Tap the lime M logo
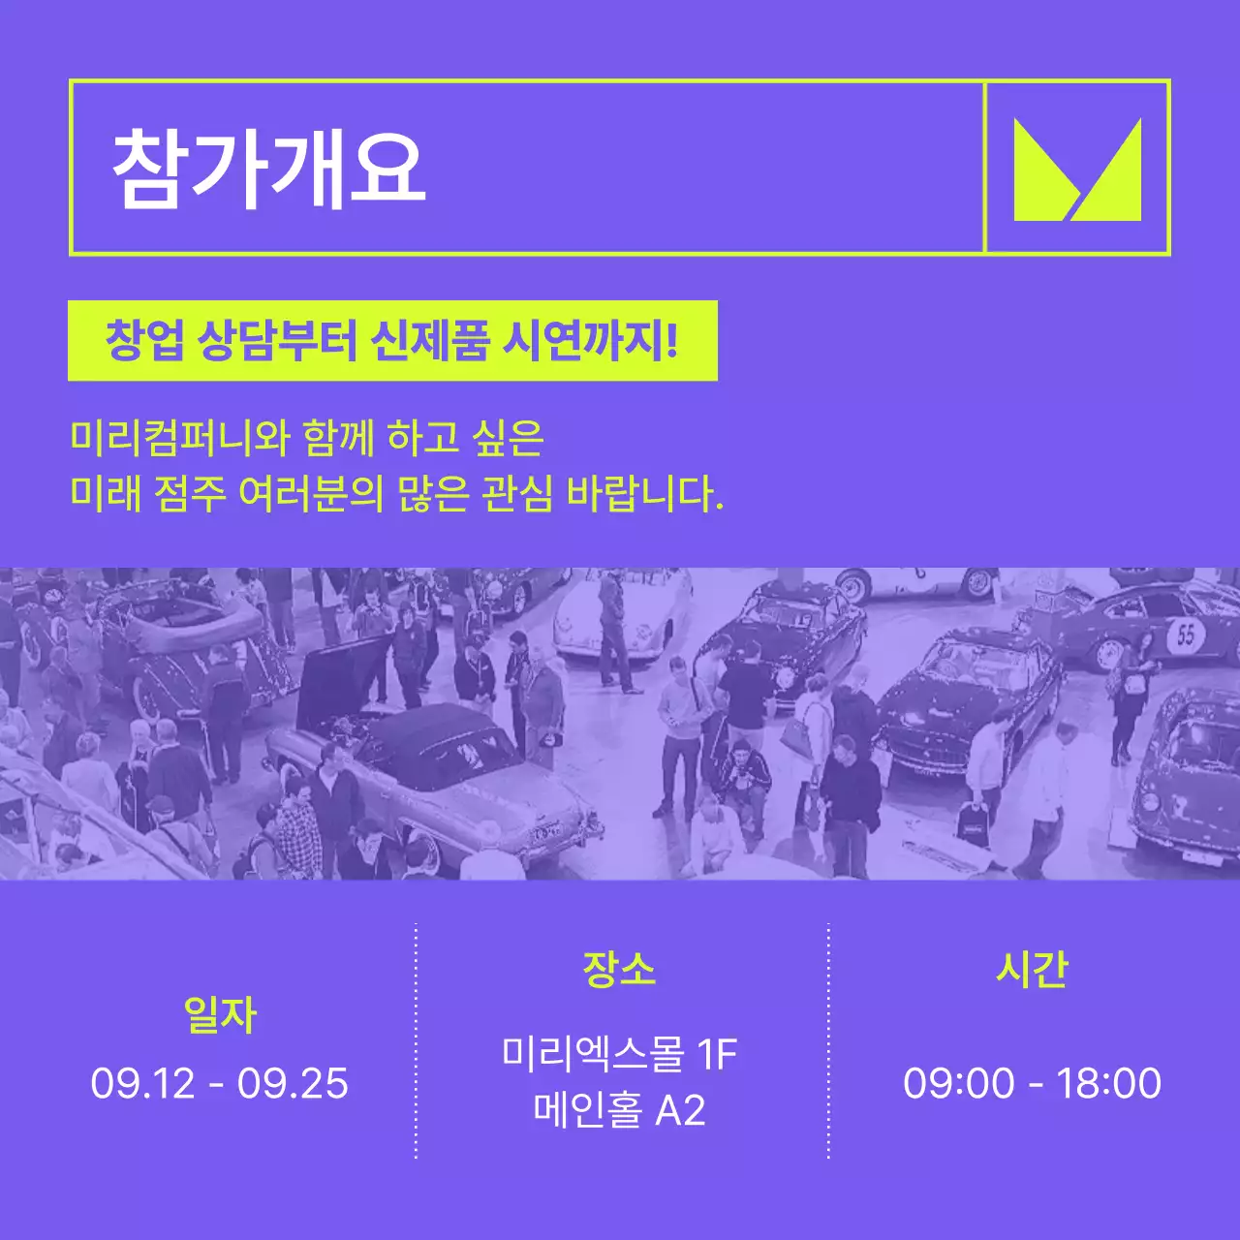(x=1077, y=170)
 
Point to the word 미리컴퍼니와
(x=180, y=438)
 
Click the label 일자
(x=220, y=1014)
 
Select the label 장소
(x=619, y=969)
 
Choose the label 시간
(x=1032, y=969)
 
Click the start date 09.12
(x=142, y=1083)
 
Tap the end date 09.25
(x=293, y=1083)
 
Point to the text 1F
(x=718, y=1054)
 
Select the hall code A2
(x=680, y=1110)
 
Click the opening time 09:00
(x=959, y=1083)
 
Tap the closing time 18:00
(x=1108, y=1083)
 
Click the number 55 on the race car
(x=1187, y=635)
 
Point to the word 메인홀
(x=587, y=1110)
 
